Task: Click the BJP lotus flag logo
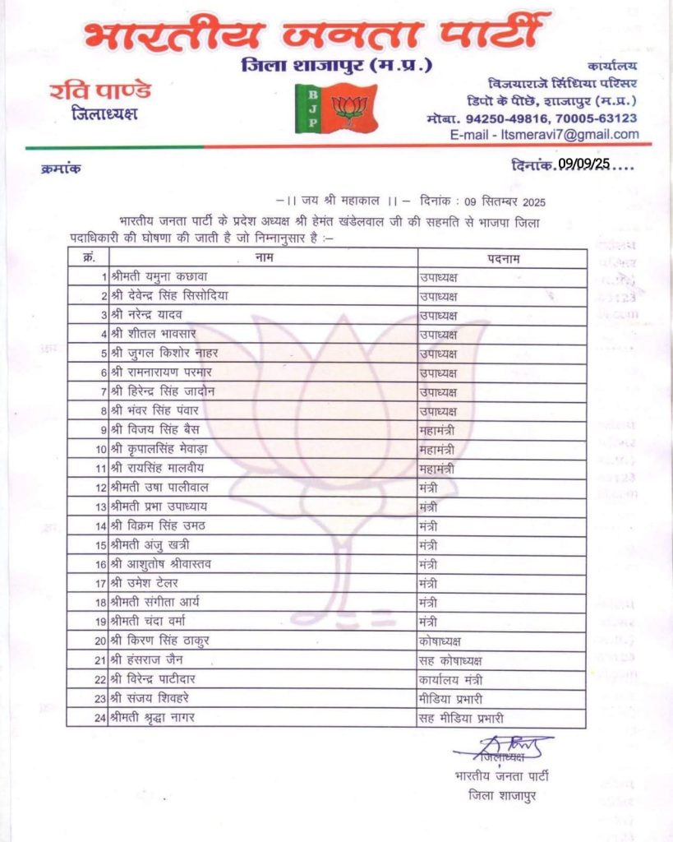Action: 337,108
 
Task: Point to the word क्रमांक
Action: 61,169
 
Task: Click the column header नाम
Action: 264,259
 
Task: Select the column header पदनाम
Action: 502,259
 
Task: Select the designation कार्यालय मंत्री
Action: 449,679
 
